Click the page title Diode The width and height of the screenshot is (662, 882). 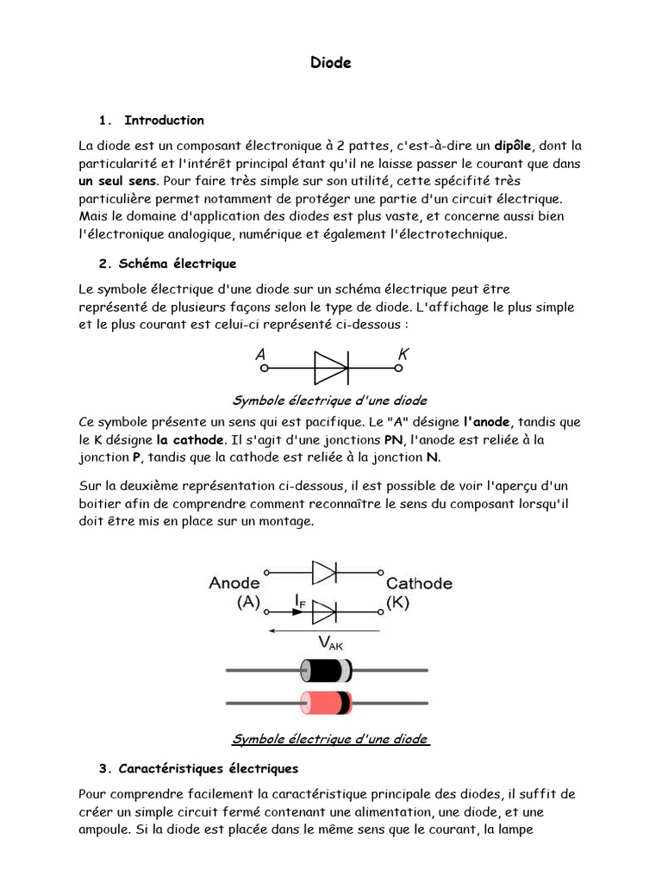click(330, 63)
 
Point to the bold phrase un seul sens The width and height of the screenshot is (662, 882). click(118, 181)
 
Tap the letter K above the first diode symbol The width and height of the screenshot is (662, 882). click(403, 354)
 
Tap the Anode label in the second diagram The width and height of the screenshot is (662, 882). click(234, 583)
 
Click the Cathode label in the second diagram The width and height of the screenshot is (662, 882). click(419, 583)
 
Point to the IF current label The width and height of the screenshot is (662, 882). click(298, 598)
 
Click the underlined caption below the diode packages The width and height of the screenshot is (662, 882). click(330, 739)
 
